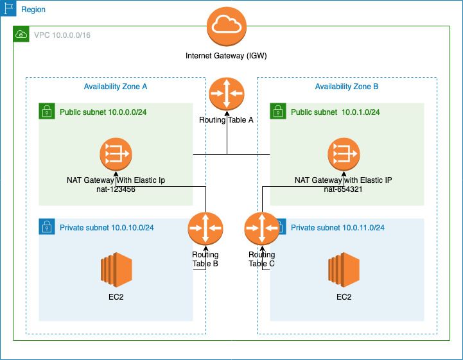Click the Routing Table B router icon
[x=205, y=230]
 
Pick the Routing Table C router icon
[x=262, y=230]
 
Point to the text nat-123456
[x=116, y=191]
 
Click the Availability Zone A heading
[x=116, y=87]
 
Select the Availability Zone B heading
[x=347, y=87]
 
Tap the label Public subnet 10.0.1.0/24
[x=335, y=112]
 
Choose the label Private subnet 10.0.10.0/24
[x=107, y=227]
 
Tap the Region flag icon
[x=8, y=10]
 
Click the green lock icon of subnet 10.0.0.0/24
[x=46, y=112]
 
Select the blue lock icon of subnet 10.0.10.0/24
[x=46, y=227]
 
